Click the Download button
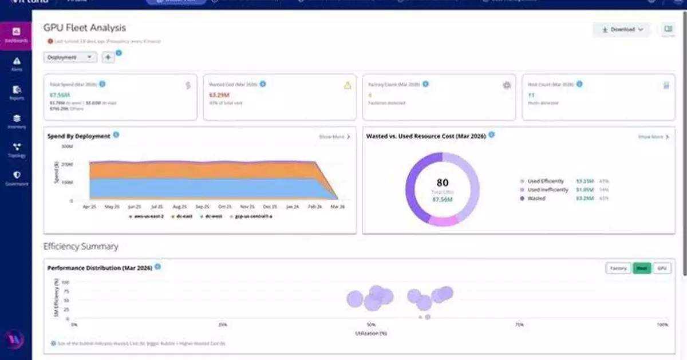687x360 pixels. click(x=621, y=29)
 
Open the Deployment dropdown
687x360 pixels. click(x=70, y=57)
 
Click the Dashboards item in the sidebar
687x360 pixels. click(x=17, y=35)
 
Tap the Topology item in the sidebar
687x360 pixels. click(x=17, y=149)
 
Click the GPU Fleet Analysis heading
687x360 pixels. click(x=85, y=27)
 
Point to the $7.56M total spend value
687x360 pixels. click(x=59, y=95)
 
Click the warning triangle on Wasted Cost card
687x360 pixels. click(x=347, y=85)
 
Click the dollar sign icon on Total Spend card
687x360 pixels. click(x=188, y=85)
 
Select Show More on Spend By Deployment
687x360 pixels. click(x=334, y=137)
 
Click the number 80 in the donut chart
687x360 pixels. click(x=442, y=184)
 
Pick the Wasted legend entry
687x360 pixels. click(x=536, y=198)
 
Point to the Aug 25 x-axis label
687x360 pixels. click(x=179, y=207)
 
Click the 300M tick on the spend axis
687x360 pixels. click(x=67, y=147)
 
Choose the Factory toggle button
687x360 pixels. click(x=618, y=268)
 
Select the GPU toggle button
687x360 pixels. click(x=662, y=268)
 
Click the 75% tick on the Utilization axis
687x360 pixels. click(x=519, y=325)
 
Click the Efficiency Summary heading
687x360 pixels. click(x=81, y=247)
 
